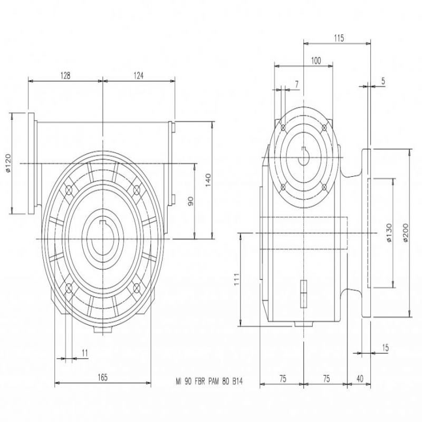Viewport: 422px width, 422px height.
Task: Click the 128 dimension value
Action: coord(65,75)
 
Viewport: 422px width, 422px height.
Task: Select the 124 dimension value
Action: coord(138,75)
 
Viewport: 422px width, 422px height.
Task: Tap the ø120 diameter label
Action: coord(7,163)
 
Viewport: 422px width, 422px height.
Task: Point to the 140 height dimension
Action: coord(208,180)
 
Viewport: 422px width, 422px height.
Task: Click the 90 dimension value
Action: coord(190,202)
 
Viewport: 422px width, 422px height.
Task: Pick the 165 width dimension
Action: coord(102,377)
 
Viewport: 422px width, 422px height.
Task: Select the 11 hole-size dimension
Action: coord(85,353)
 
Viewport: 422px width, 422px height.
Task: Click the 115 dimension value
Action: coord(339,38)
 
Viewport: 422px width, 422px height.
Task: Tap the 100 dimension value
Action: coord(316,61)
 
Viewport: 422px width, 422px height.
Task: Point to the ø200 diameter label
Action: coord(406,233)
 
